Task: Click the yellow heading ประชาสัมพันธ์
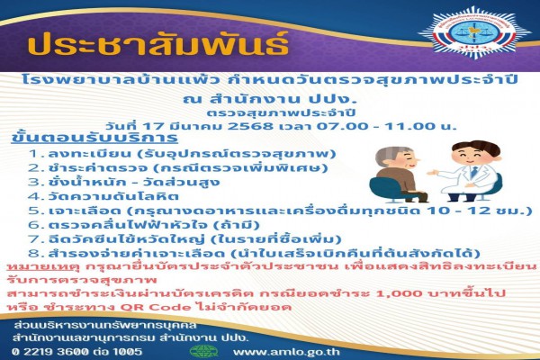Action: click(158, 43)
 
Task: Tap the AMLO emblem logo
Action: click(475, 32)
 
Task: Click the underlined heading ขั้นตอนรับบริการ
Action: click(94, 138)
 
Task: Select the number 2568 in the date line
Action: click(250, 126)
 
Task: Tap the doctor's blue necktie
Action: click(474, 172)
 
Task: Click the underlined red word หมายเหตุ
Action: click(43, 267)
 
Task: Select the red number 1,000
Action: click(393, 294)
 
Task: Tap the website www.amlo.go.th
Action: click(286, 352)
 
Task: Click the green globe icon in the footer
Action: click(204, 351)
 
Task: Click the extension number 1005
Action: click(127, 352)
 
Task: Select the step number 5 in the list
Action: click(34, 210)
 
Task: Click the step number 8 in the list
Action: click(34, 254)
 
